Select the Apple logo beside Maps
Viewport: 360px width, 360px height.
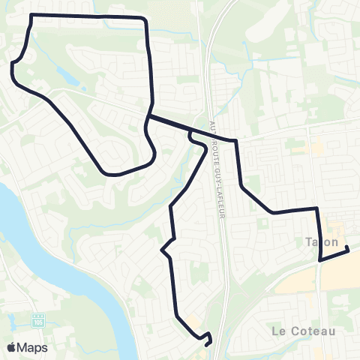(x=11, y=347)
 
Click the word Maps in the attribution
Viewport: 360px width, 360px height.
(x=32, y=347)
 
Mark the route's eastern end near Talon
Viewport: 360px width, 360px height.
(x=347, y=250)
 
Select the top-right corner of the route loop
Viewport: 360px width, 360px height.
(x=145, y=18)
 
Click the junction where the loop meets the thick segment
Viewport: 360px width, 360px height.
(x=150, y=116)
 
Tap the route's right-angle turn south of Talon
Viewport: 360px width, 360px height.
(x=320, y=259)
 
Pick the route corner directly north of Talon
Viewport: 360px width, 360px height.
(x=317, y=209)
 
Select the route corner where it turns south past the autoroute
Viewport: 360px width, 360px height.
(x=236, y=141)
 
